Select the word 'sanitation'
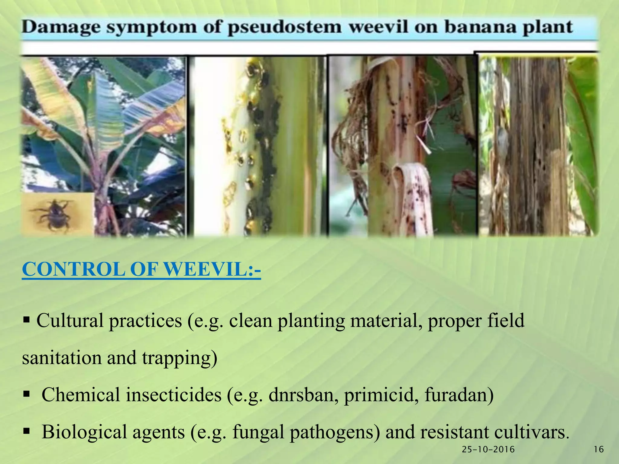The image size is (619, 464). click(62, 358)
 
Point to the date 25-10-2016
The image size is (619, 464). click(488, 449)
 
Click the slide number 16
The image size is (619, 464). click(599, 449)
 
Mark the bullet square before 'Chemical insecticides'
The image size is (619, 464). click(26, 394)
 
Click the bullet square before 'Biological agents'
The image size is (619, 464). click(26, 431)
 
